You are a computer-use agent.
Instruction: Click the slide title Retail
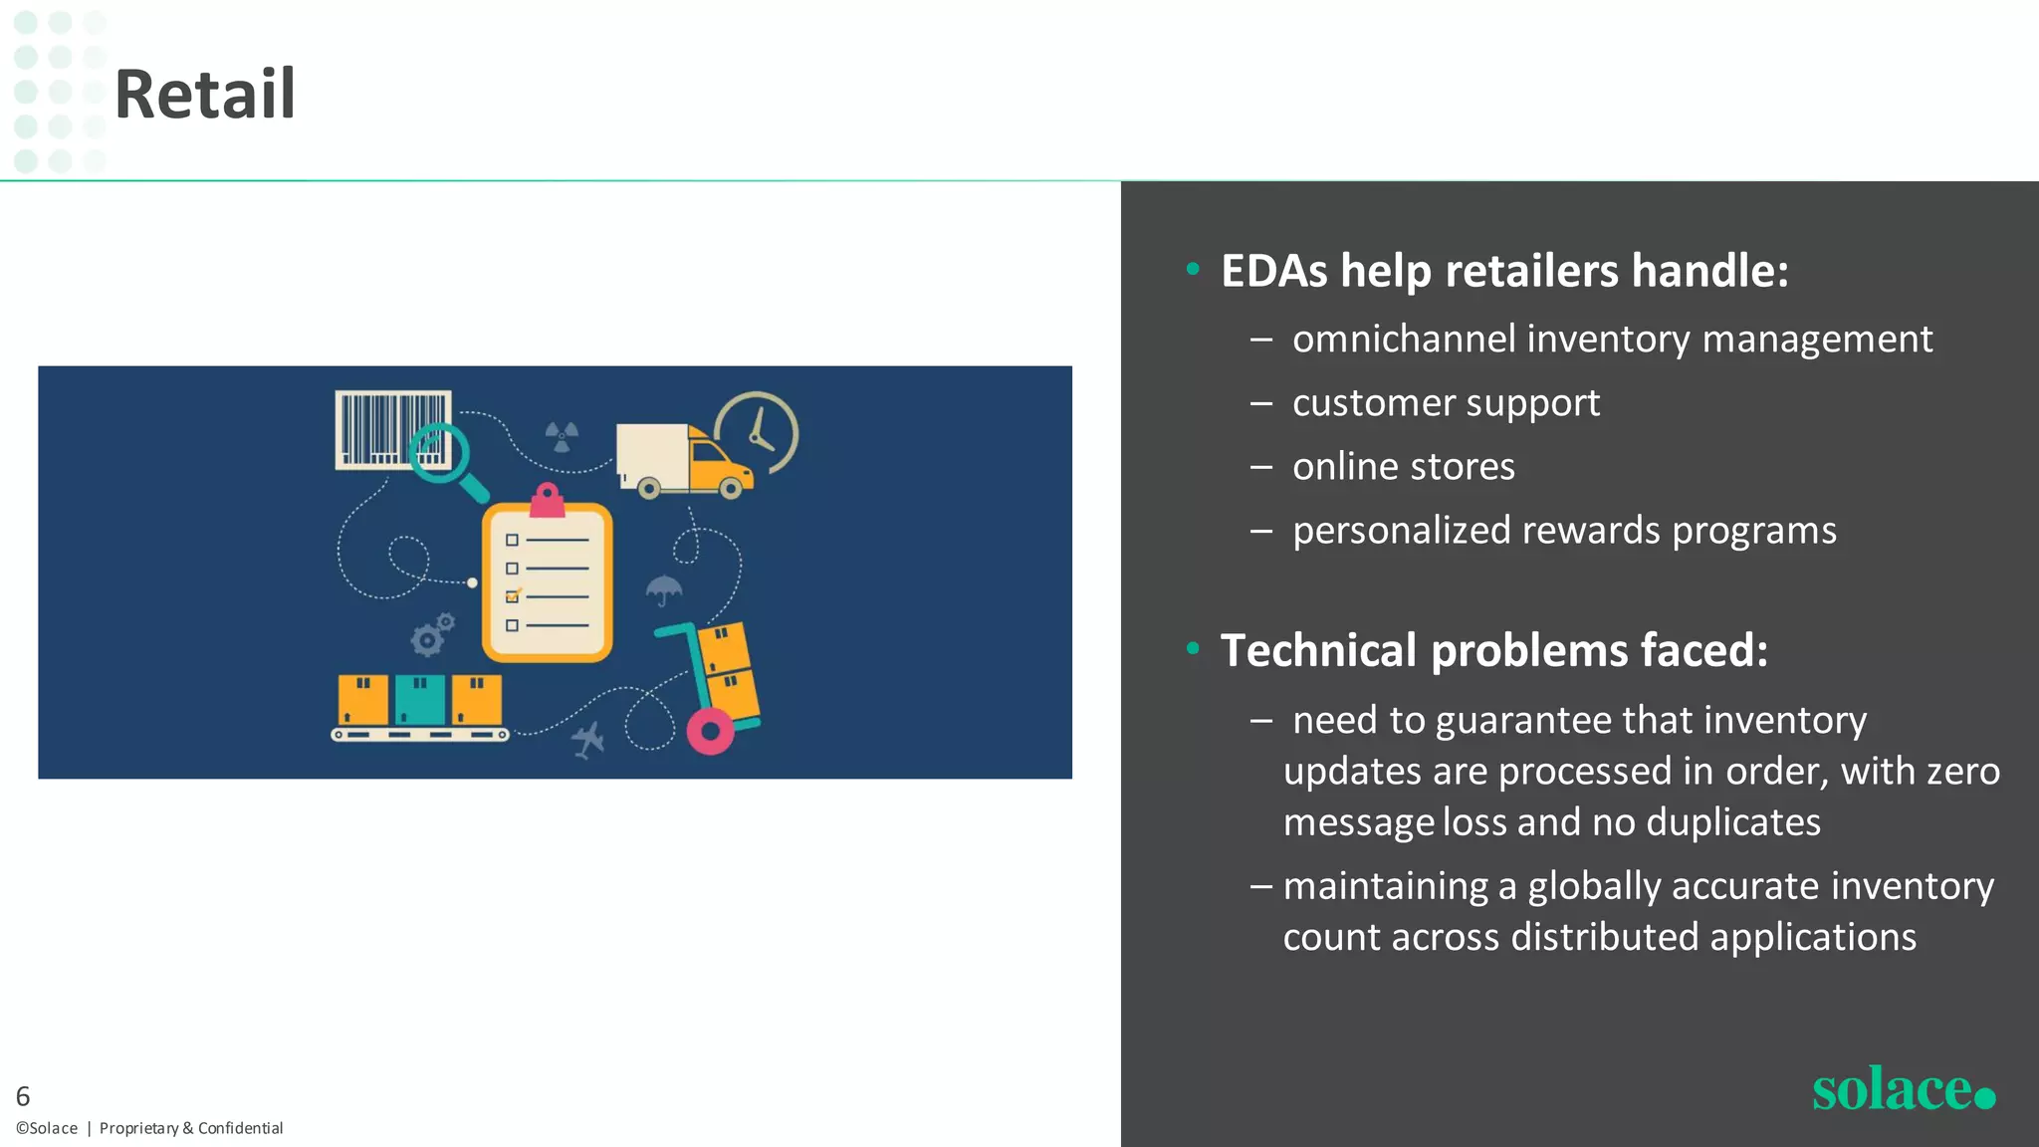click(205, 95)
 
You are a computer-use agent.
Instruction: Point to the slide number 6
click(23, 1096)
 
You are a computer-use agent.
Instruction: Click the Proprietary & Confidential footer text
click(191, 1128)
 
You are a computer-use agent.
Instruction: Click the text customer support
click(1446, 403)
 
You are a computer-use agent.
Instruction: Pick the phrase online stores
click(1403, 467)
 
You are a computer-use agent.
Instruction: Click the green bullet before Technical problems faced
click(1193, 649)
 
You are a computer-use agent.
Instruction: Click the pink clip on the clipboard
click(547, 500)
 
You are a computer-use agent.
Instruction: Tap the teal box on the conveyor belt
click(420, 700)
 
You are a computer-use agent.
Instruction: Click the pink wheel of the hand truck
click(710, 732)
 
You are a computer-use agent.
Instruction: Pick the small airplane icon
click(588, 740)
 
